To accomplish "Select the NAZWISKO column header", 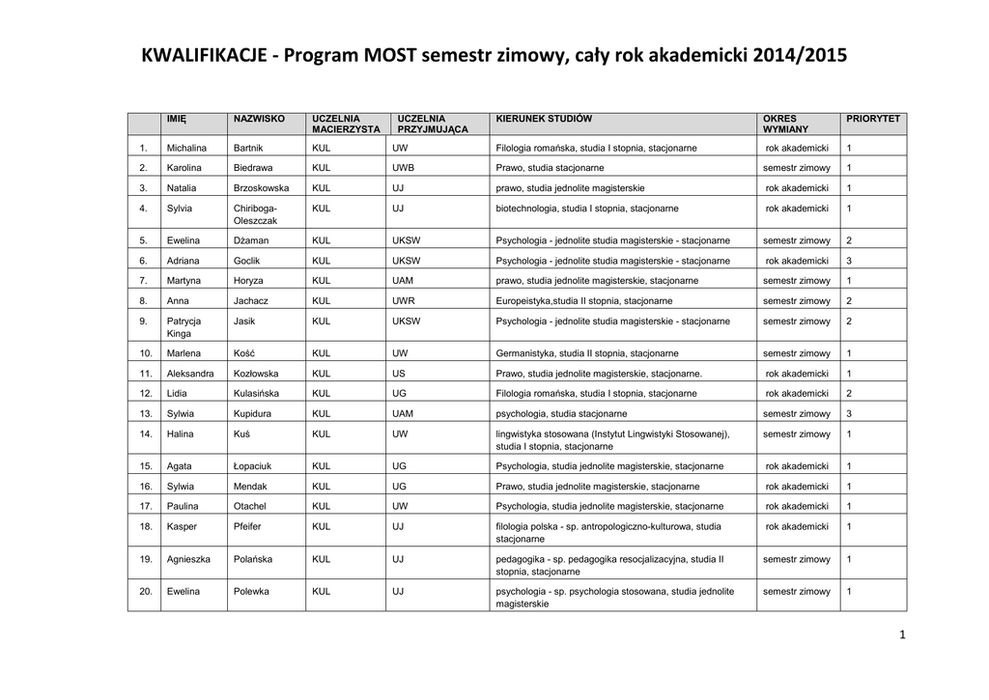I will (259, 118).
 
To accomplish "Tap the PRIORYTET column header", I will (872, 118).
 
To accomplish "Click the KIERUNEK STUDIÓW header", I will (544, 118).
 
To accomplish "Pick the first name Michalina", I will (188, 148).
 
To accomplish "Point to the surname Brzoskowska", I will (261, 187).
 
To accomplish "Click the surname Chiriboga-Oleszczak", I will (255, 214).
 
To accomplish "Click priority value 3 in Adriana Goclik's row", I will (849, 261).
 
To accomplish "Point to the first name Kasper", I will (182, 526).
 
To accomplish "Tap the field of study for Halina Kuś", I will (611, 440).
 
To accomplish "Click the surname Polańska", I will (253, 559).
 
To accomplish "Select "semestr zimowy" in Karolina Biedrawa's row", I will (796, 168).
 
